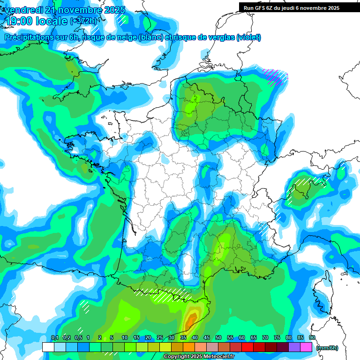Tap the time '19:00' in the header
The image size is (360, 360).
pos(23,21)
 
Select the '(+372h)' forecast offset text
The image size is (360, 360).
pos(83,21)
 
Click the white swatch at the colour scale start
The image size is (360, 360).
pos(48,347)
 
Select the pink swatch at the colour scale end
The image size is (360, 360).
pos(306,347)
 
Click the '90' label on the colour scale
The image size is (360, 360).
pos(312,338)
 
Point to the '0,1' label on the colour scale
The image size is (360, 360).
pos(54,338)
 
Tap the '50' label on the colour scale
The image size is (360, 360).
pos(218,338)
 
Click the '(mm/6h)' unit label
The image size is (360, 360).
pos(327,347)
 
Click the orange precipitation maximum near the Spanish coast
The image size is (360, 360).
pos(190,322)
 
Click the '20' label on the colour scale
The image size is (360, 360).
pos(148,338)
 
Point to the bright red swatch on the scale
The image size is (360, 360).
pos(247,347)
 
